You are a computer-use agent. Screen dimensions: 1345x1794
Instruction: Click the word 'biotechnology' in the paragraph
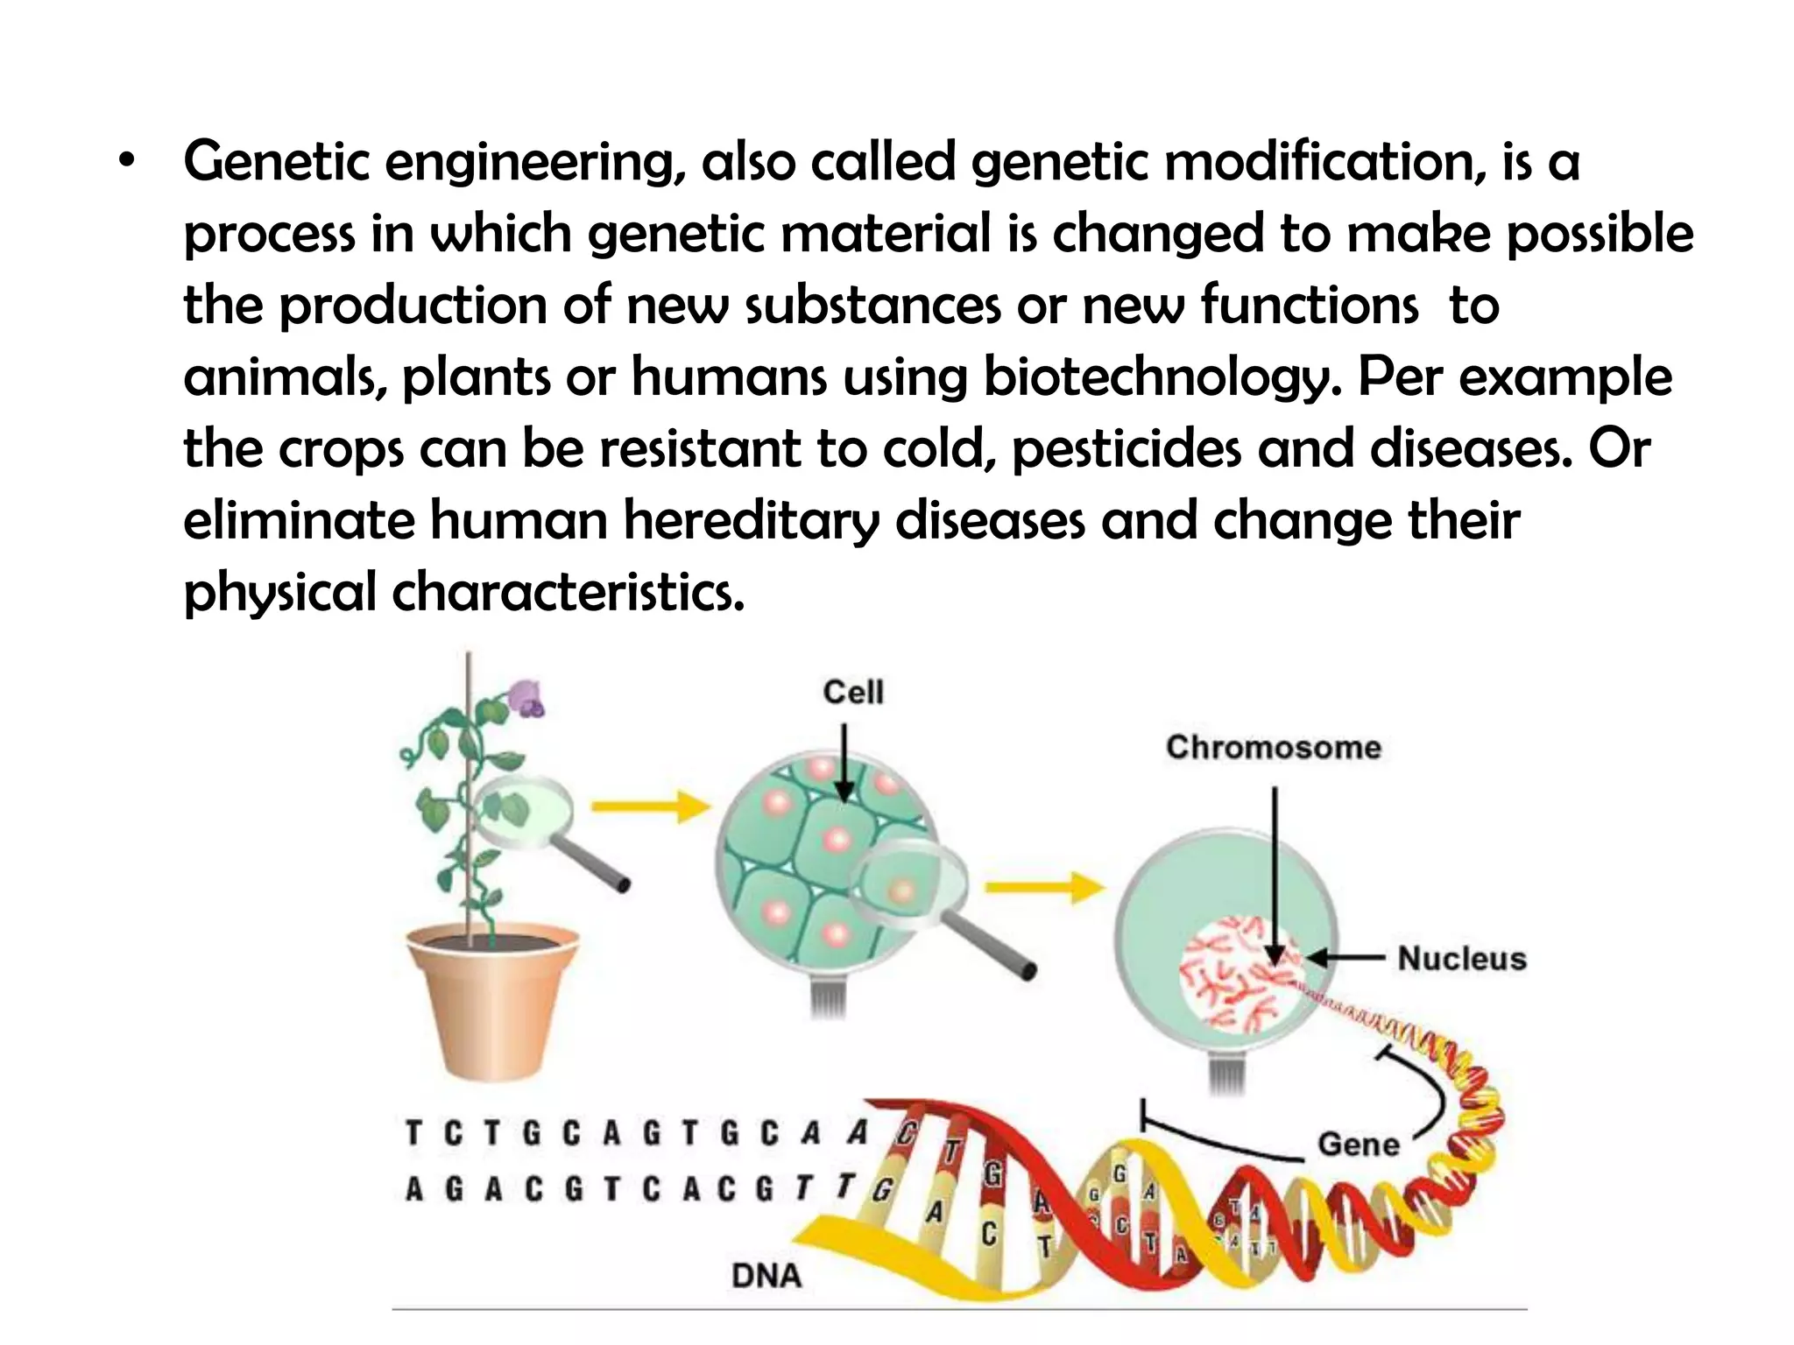point(1161,378)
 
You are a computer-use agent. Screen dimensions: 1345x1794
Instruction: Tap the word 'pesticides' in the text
point(1127,449)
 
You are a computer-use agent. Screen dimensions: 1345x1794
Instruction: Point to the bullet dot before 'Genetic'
point(128,162)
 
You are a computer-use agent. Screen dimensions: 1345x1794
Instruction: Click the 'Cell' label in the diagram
point(852,692)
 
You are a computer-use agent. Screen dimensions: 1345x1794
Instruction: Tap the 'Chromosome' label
point(1273,747)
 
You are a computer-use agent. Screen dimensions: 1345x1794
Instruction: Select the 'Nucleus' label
point(1461,958)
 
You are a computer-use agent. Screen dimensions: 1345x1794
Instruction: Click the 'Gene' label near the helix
point(1358,1144)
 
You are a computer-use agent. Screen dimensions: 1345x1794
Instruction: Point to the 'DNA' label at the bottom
point(766,1276)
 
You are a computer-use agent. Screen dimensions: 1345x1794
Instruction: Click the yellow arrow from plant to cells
point(650,807)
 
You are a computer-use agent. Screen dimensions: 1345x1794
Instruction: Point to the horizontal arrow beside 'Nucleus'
point(1345,958)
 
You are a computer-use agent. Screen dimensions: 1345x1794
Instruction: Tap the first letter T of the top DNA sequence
point(413,1134)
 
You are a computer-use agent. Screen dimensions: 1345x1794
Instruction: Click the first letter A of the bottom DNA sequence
point(414,1189)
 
